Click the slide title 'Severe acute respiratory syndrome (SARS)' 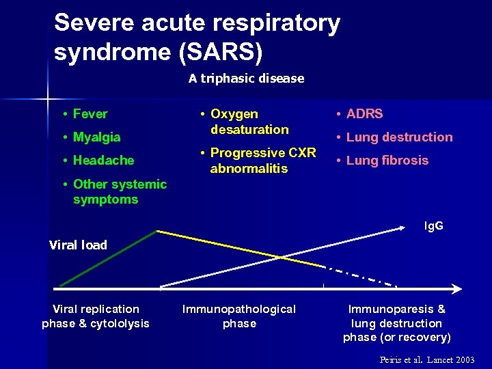point(197,38)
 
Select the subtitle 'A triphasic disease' point(246,79)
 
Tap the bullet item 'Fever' point(90,114)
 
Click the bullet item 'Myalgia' point(96,137)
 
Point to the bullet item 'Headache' point(103,161)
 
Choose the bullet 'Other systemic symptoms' point(119,192)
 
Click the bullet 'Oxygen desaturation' point(249,122)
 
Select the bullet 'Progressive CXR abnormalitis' point(262,161)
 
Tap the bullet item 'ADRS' point(364,114)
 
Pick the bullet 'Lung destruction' point(399,137)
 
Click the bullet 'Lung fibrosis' point(387,161)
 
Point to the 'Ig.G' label point(433,225)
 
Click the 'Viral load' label point(78,245)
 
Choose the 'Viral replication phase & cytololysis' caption point(96,316)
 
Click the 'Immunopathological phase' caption point(239,316)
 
